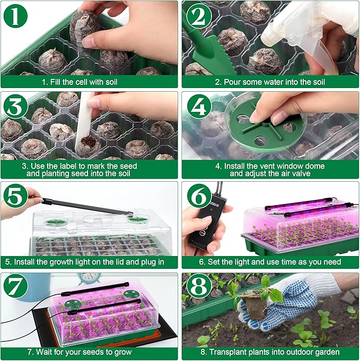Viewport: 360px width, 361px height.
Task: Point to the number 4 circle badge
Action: (x=197, y=107)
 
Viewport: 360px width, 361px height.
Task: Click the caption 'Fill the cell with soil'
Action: (x=89, y=82)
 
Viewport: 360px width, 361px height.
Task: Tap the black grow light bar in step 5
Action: (x=85, y=206)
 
